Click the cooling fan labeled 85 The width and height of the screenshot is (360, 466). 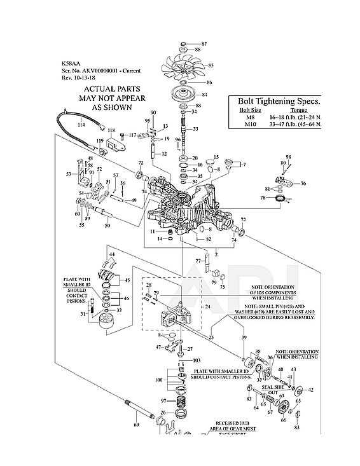pos(182,66)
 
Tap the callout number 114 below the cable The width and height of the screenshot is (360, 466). pos(81,125)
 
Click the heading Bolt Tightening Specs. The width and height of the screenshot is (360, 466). pos(279,101)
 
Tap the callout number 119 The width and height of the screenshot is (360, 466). pos(100,140)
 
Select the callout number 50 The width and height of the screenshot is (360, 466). pos(107,225)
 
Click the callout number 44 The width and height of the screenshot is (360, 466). pos(112,254)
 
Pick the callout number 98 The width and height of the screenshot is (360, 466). pos(288,156)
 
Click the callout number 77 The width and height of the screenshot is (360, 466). pos(198,261)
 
